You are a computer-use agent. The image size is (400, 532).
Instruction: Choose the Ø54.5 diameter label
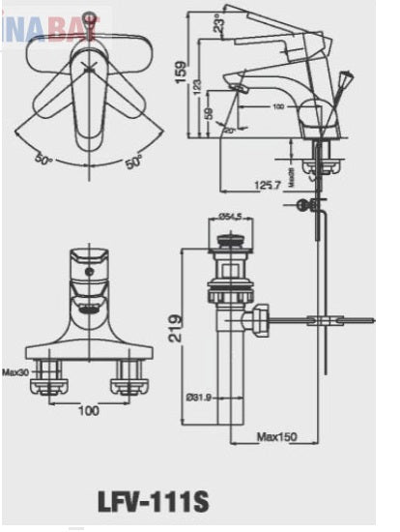tap(230, 216)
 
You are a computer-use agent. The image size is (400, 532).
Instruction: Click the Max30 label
tap(13, 370)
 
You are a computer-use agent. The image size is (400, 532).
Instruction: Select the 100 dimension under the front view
tap(88, 410)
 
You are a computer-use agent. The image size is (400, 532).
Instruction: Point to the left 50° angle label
tap(45, 158)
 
